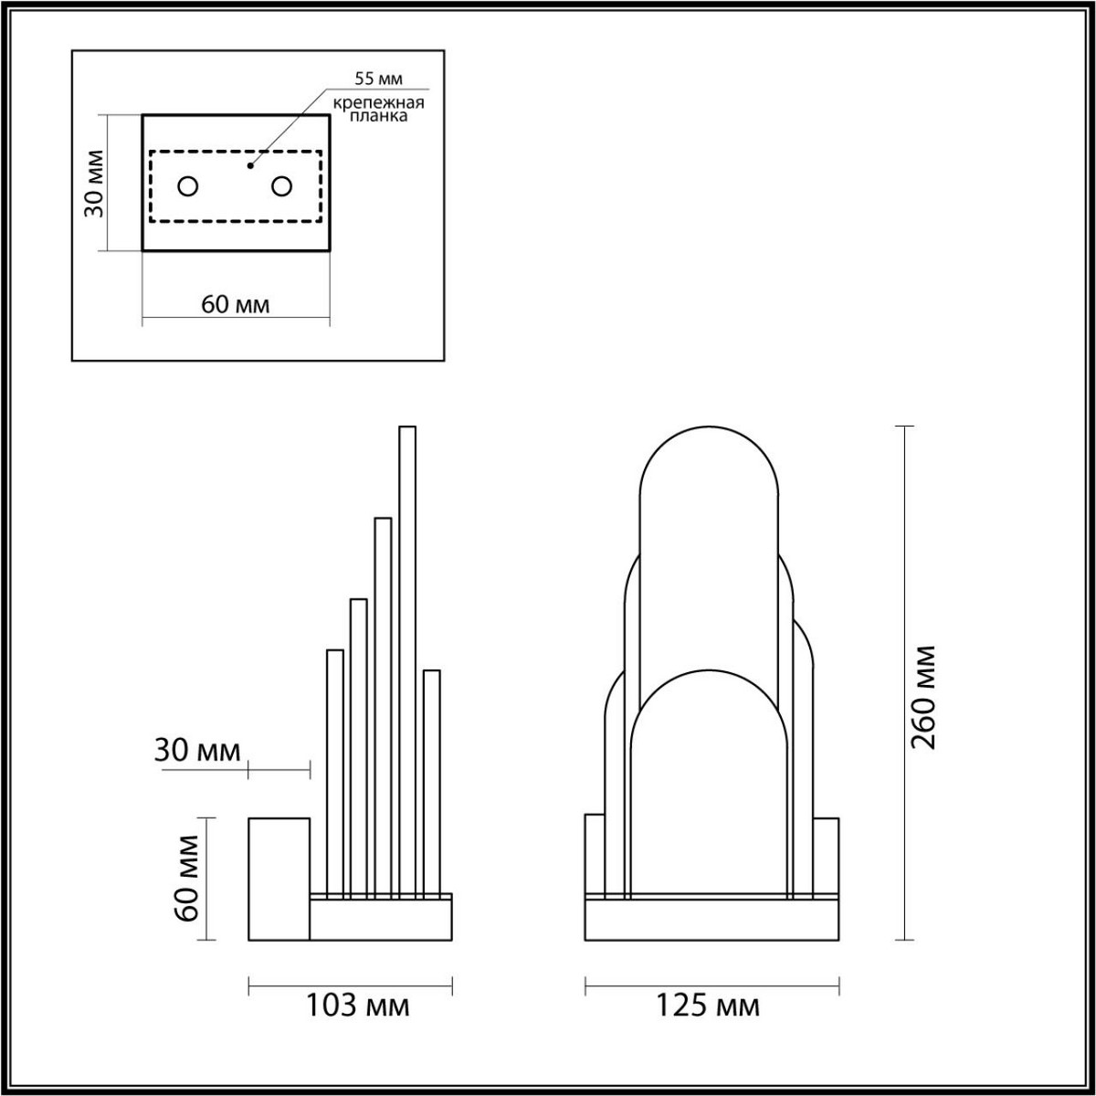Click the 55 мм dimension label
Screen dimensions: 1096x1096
tap(378, 79)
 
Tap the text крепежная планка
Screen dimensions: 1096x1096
tap(376, 111)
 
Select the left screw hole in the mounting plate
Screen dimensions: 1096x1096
tap(187, 186)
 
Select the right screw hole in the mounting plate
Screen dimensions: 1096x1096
tap(281, 186)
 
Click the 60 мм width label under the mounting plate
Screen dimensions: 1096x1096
tap(235, 304)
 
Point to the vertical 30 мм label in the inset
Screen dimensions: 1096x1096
tap(93, 183)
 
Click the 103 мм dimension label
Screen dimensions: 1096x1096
tap(356, 1006)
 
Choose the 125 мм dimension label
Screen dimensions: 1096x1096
tap(708, 1006)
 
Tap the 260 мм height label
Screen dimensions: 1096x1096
tap(923, 697)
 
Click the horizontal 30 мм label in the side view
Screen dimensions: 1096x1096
tap(197, 751)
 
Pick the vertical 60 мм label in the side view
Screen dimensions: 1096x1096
tap(186, 879)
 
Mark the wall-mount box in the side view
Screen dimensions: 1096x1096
tap(279, 879)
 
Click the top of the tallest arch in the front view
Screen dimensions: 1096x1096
tap(709, 429)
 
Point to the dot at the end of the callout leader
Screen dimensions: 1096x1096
tap(249, 166)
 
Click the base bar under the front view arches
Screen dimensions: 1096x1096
tap(711, 921)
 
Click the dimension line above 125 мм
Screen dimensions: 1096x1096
tap(711, 985)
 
